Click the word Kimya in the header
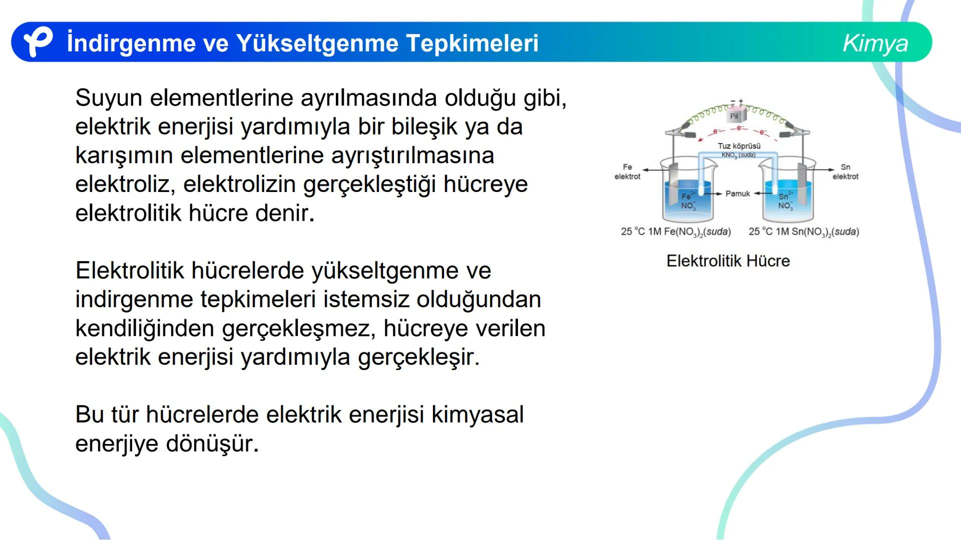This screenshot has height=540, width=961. pyautogui.click(x=875, y=43)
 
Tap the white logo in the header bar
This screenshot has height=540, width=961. pyautogui.click(x=38, y=42)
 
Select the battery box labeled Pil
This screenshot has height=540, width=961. pyautogui.click(x=734, y=116)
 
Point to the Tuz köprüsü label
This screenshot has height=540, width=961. pyautogui.click(x=739, y=146)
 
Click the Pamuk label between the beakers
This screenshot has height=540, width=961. pyautogui.click(x=738, y=193)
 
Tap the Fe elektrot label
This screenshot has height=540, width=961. pyautogui.click(x=627, y=171)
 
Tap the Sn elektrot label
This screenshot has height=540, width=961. pyautogui.click(x=845, y=171)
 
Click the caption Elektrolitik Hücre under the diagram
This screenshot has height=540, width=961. pyautogui.click(x=728, y=261)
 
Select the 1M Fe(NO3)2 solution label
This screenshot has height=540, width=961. pyautogui.click(x=676, y=232)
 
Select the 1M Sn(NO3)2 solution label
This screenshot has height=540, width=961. pyautogui.click(x=804, y=232)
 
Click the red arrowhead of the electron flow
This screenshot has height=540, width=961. pyautogui.click(x=701, y=139)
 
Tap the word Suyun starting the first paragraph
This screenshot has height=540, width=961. pyautogui.click(x=109, y=98)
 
